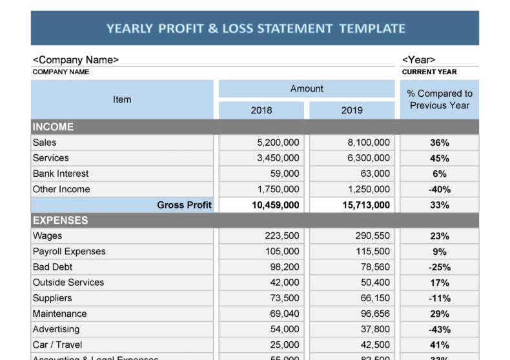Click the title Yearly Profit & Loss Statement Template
pos(256,28)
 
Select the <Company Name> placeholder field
pos(76,60)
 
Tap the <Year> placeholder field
pos(418,60)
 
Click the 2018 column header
pos(261,110)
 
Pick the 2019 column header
pos(352,110)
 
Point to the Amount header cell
pos(307,88)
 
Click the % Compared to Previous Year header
pos(440,99)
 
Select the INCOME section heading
pos(54,127)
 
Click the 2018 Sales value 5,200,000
pos(278,143)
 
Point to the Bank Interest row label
pos(61,174)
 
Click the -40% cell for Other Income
pos(440,190)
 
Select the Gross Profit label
pos(184,205)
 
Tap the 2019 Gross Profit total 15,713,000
pos(366,205)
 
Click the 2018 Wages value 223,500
pos(282,236)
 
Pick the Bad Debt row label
pos(52,267)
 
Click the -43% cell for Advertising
pos(440,329)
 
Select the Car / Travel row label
pos(57,345)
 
